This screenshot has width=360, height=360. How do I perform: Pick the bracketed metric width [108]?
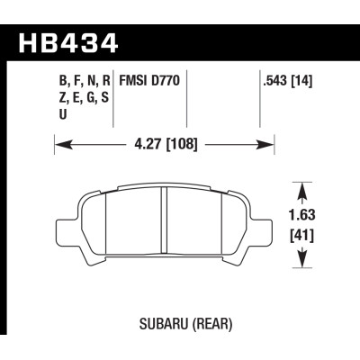181,143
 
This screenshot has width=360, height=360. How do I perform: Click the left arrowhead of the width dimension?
60,143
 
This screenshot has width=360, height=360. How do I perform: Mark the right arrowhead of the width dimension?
269,143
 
